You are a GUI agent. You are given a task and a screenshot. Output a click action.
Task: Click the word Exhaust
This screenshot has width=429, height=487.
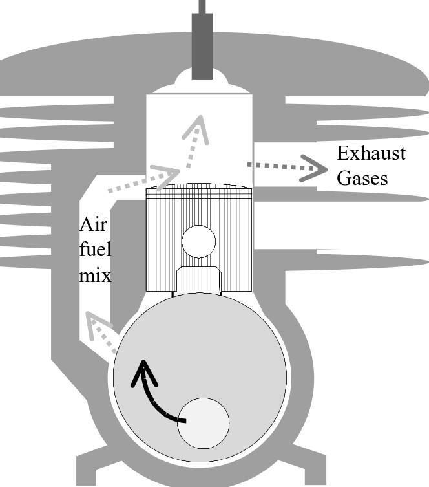(371, 154)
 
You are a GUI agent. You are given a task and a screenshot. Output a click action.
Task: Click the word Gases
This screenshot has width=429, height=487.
(362, 177)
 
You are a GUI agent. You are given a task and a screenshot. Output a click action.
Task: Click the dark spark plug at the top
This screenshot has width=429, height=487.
(202, 45)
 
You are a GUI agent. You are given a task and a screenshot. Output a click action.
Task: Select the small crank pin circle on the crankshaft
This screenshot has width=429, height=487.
(203, 423)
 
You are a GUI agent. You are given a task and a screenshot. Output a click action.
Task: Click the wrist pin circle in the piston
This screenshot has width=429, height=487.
(198, 242)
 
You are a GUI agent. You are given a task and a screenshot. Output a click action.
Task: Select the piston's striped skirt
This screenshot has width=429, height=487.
(162, 246)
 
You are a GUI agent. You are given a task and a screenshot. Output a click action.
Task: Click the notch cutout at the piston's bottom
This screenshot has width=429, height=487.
(198, 279)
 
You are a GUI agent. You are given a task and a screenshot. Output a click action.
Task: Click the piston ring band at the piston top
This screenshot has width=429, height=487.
(198, 190)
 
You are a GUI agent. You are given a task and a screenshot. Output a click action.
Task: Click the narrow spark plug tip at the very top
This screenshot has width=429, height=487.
(202, 6)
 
